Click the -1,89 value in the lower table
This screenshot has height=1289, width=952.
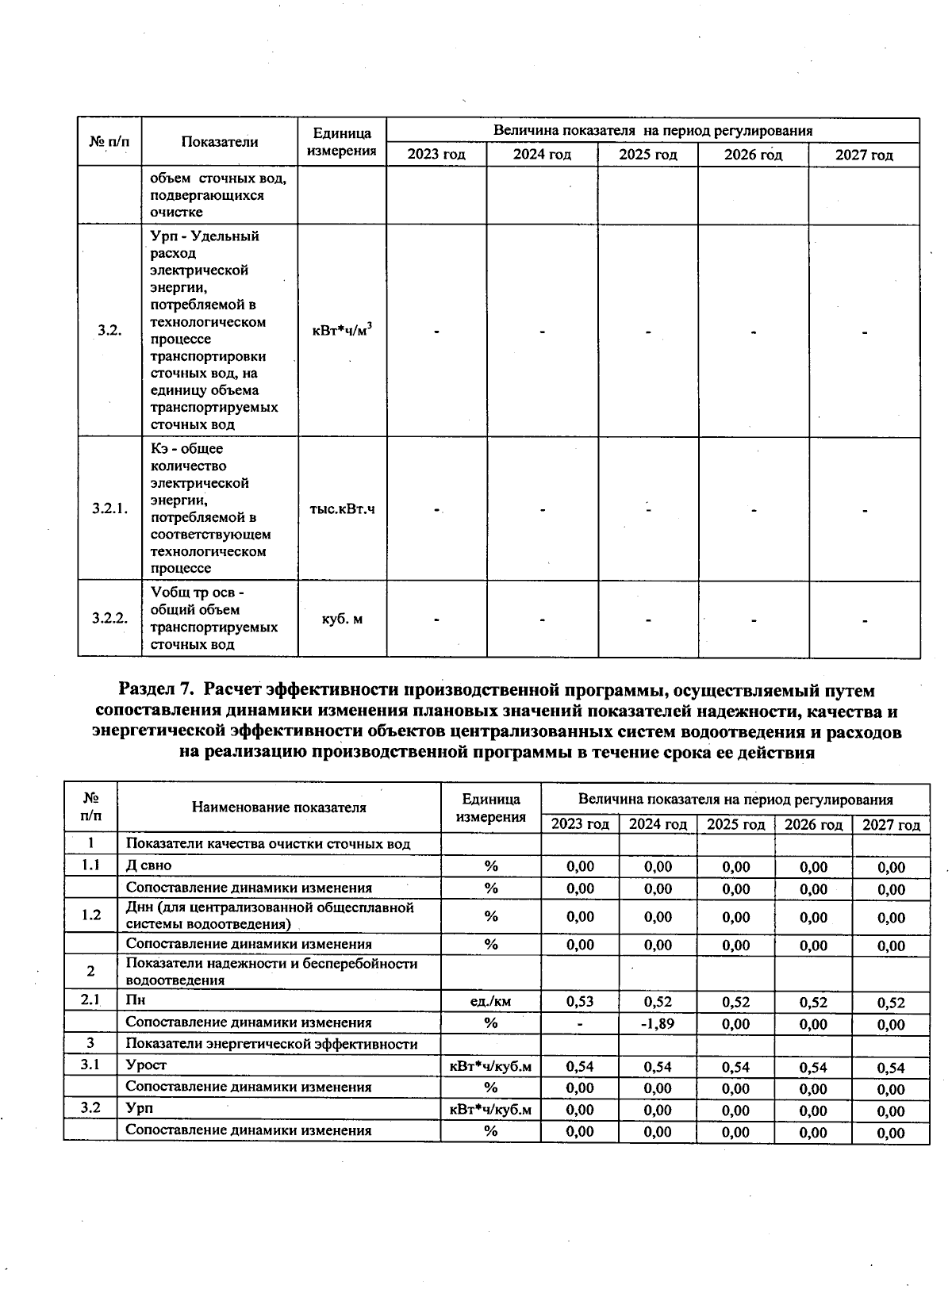(x=658, y=1023)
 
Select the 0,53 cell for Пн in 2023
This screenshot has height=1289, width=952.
(x=580, y=1002)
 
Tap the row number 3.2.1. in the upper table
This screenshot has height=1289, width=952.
(x=109, y=508)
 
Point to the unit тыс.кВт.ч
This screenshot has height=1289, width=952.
(x=342, y=508)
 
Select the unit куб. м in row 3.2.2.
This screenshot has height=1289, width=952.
(x=342, y=618)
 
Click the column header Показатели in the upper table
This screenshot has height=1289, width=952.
(x=220, y=142)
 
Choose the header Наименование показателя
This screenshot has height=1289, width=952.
(x=278, y=808)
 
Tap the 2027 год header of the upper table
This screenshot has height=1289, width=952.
(x=864, y=155)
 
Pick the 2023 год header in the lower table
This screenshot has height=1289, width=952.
(x=580, y=824)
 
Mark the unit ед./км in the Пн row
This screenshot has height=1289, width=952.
(x=490, y=1002)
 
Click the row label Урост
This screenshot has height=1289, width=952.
(x=147, y=1065)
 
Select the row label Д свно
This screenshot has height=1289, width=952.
(x=148, y=865)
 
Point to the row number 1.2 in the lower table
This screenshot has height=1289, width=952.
(x=91, y=915)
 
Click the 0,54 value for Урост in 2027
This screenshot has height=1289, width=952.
(x=891, y=1068)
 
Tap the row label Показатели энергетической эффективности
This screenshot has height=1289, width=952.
(x=271, y=1044)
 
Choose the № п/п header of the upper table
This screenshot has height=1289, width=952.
(x=109, y=142)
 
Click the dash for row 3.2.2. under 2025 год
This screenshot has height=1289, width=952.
(x=647, y=619)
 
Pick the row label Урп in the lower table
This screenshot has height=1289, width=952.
(x=140, y=1108)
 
